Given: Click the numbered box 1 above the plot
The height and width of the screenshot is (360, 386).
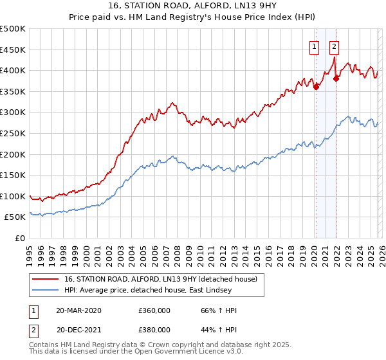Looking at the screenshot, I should coord(315,46).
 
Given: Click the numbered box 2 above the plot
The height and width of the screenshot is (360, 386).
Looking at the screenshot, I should coord(335,46).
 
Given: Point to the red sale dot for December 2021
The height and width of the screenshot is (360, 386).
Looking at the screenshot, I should coord(336,78).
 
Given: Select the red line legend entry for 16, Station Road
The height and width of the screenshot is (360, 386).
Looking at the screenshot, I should coord(161,279).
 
